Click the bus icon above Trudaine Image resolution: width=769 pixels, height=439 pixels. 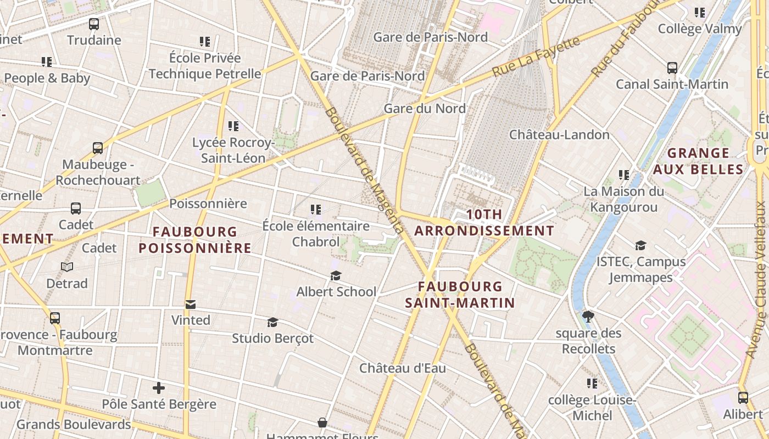click(x=94, y=24)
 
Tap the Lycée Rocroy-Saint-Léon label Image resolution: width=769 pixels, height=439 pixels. click(x=233, y=150)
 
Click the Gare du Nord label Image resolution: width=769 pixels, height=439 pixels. click(x=425, y=109)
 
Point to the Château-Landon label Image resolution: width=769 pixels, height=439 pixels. click(x=559, y=134)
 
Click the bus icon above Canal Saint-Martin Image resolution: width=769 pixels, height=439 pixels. click(x=672, y=68)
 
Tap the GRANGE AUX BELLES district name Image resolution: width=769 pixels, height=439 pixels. click(x=698, y=161)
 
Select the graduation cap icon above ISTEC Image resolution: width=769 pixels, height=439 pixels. click(x=640, y=245)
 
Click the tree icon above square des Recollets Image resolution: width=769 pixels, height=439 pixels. click(x=588, y=316)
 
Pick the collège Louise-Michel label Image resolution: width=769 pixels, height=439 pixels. click(x=592, y=408)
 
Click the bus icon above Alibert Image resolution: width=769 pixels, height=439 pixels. click(x=743, y=398)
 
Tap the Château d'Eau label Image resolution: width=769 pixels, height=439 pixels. click(x=403, y=368)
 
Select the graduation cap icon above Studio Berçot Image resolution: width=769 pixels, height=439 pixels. click(x=272, y=322)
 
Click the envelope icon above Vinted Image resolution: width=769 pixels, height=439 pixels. click(x=191, y=305)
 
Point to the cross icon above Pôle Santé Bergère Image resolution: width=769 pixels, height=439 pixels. click(x=159, y=389)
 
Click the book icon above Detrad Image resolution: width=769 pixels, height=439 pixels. click(x=67, y=267)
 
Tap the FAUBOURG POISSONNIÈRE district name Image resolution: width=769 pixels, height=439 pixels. click(x=195, y=240)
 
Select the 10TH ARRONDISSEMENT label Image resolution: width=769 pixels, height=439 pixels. click(x=484, y=222)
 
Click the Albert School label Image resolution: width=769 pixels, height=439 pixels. click(x=336, y=292)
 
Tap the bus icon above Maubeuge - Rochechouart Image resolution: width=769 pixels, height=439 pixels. click(x=98, y=148)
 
